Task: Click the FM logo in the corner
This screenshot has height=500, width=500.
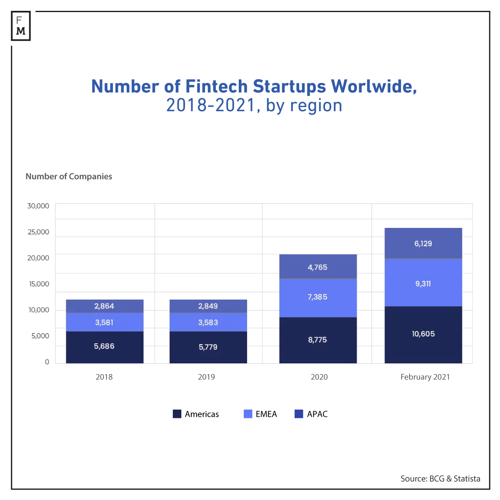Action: pos(21,26)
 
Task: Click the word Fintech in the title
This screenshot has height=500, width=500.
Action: pos(216,86)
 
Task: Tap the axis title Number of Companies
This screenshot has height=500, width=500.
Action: pos(69,176)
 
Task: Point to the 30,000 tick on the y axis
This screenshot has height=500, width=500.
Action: pos(38,206)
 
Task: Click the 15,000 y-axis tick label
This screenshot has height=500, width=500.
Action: pos(39,284)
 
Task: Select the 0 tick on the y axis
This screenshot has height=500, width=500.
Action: pos(47,362)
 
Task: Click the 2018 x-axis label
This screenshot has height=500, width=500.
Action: pos(104,377)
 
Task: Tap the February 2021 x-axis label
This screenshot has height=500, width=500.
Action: pos(425,377)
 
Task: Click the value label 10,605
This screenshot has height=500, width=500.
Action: pos(423,334)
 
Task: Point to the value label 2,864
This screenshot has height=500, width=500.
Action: pos(104,306)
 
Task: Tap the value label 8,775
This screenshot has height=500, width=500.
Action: pos(317,340)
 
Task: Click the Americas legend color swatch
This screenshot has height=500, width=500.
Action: pos(177,414)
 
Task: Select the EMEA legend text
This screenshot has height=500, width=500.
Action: pos(266,414)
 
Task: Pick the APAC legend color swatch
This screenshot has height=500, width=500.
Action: pos(299,414)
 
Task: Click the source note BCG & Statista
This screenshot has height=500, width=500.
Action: pos(440,478)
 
